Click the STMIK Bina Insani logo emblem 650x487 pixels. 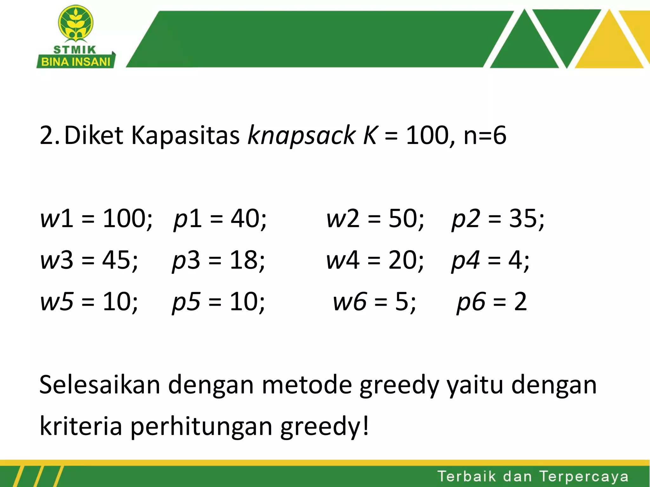tap(76, 24)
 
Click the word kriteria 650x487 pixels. tap(81, 426)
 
